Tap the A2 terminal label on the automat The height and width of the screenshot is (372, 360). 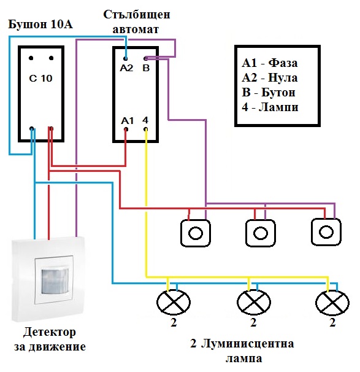coord(126,68)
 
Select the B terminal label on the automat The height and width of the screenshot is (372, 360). coord(146,68)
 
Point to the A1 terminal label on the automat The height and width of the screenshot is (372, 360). coord(126,120)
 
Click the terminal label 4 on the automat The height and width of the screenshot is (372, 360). coord(145,120)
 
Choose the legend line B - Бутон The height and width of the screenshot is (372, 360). coord(270,93)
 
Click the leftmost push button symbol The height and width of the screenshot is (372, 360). coord(196,233)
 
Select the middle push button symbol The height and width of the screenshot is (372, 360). coord(262,233)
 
